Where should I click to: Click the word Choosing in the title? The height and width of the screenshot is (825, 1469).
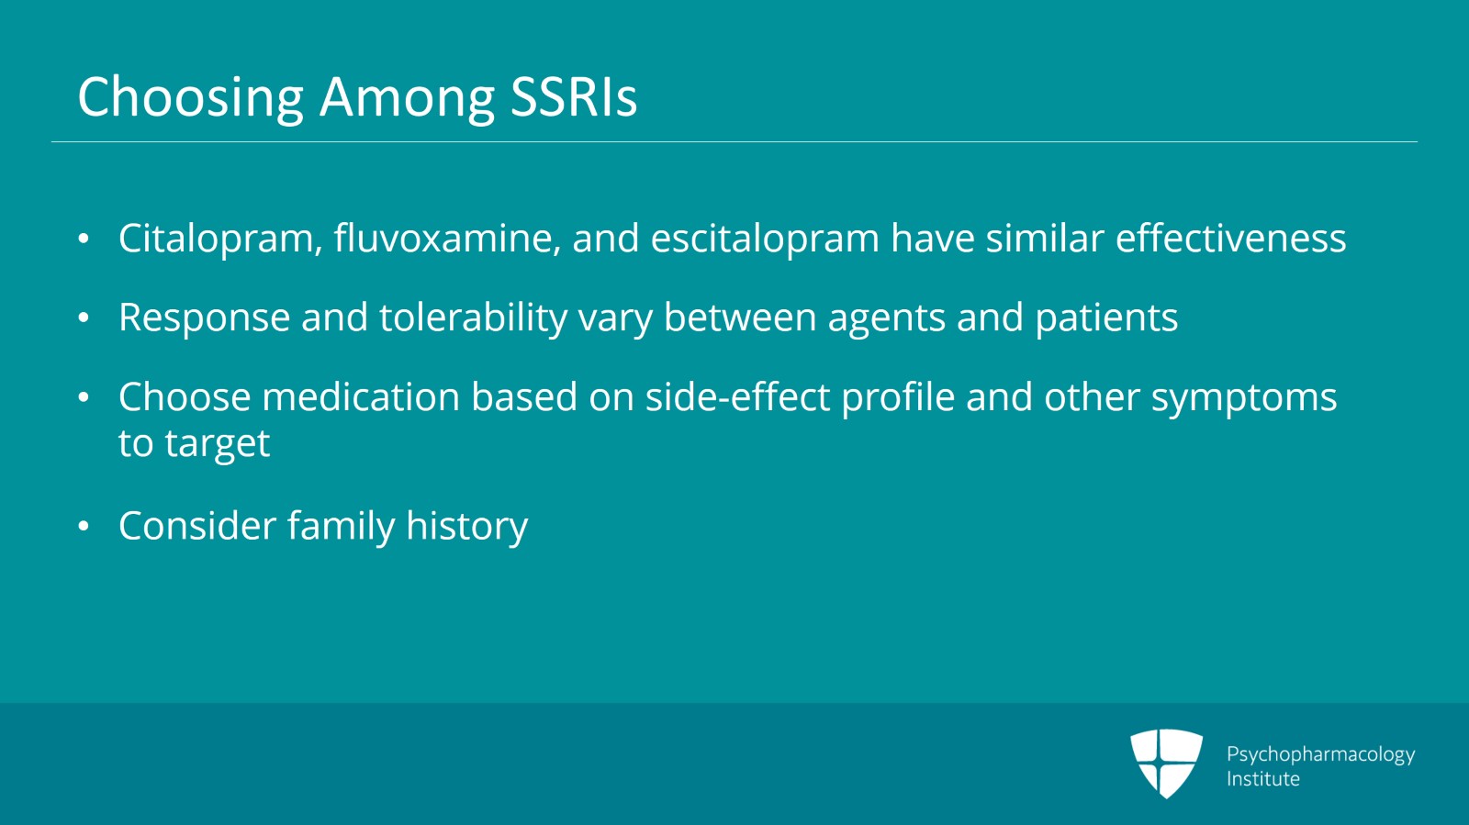pyautogui.click(x=190, y=97)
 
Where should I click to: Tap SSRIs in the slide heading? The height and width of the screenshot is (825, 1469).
pyautogui.click(x=573, y=96)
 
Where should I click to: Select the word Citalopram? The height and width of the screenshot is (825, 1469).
pyautogui.click(x=219, y=239)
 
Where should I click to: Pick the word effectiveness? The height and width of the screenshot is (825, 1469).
pyautogui.click(x=1230, y=239)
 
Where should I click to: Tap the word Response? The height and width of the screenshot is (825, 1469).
pyautogui.click(x=204, y=318)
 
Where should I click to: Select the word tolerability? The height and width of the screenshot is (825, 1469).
pyautogui.click(x=473, y=318)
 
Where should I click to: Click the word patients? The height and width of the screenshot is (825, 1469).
pyautogui.click(x=1105, y=318)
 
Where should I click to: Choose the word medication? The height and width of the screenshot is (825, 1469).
pyautogui.click(x=360, y=397)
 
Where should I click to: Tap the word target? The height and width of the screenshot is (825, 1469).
pyautogui.click(x=217, y=445)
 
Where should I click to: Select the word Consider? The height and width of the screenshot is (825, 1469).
pyautogui.click(x=197, y=526)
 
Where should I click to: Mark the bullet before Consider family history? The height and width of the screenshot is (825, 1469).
pyautogui.click(x=84, y=527)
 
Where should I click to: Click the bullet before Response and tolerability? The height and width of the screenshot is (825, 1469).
pyautogui.click(x=84, y=318)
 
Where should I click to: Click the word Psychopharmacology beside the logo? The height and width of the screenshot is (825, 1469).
pyautogui.click(x=1319, y=754)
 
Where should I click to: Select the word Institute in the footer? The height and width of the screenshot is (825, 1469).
pyautogui.click(x=1262, y=779)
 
